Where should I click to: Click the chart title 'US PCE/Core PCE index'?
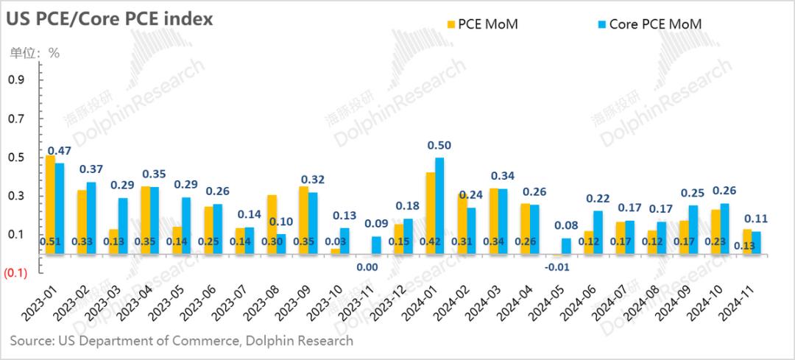click(x=110, y=19)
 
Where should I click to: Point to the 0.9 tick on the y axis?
click(x=15, y=80)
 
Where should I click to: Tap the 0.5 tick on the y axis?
click(x=15, y=158)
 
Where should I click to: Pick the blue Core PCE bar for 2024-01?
click(x=439, y=206)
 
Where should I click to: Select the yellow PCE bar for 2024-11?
click(x=747, y=241)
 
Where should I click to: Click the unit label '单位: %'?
click(x=34, y=53)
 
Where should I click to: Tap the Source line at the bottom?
click(x=181, y=341)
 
